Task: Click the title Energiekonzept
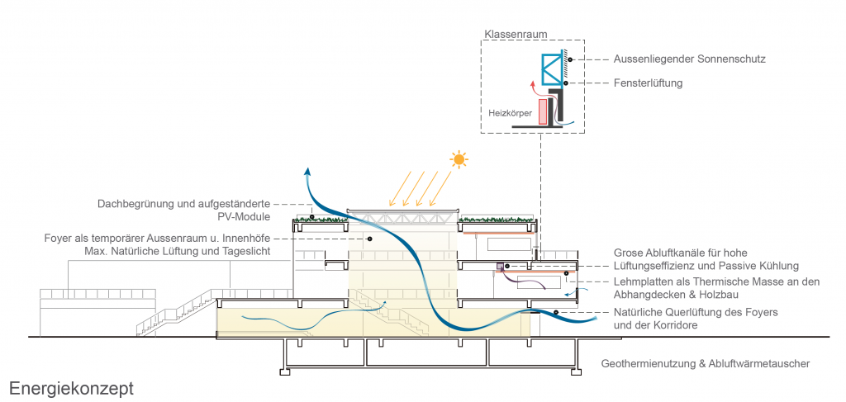(x=71, y=388)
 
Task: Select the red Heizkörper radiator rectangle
(x=543, y=111)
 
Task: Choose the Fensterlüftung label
(x=648, y=83)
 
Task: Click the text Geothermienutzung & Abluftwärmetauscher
(x=705, y=363)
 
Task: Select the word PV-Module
(x=250, y=216)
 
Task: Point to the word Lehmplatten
(x=643, y=282)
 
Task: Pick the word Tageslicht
(x=246, y=250)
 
